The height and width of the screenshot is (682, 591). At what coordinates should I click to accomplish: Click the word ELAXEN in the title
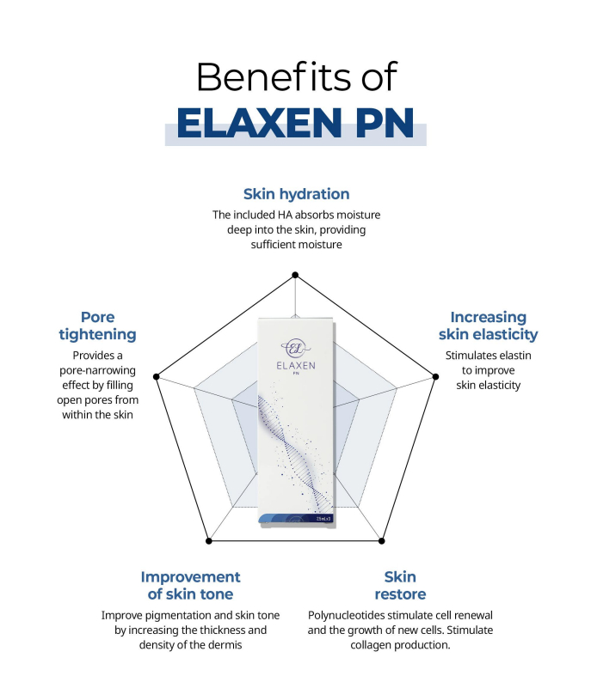tap(259, 123)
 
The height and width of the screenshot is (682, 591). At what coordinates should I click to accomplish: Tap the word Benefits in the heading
tap(274, 76)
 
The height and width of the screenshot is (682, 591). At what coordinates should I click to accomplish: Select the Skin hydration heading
tap(296, 194)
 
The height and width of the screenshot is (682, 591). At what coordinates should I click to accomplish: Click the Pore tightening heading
tap(97, 326)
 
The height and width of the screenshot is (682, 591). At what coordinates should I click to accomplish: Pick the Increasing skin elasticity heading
tap(489, 326)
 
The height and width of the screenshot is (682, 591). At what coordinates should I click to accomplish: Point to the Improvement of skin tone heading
tap(190, 586)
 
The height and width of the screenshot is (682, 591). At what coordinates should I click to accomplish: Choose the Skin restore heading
tap(400, 586)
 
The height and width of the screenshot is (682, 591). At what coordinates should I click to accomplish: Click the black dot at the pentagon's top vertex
tap(295, 275)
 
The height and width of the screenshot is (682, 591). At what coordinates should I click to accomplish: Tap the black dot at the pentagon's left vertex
tap(157, 377)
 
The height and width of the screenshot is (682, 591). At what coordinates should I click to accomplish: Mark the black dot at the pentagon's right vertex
tap(435, 377)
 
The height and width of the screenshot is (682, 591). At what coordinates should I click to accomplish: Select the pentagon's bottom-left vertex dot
tap(209, 541)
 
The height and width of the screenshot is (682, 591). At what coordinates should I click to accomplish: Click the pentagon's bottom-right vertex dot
tap(381, 541)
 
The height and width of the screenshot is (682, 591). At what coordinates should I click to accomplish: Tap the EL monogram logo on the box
tap(295, 348)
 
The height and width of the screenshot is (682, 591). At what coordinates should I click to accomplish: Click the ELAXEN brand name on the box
tap(296, 366)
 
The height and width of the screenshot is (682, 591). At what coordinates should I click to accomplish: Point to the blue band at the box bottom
tap(296, 518)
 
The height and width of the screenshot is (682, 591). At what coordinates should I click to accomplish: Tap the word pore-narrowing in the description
tap(97, 370)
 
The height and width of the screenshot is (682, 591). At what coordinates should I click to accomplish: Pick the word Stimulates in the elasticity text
tap(471, 356)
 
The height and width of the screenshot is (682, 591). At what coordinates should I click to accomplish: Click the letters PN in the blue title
tap(385, 123)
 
